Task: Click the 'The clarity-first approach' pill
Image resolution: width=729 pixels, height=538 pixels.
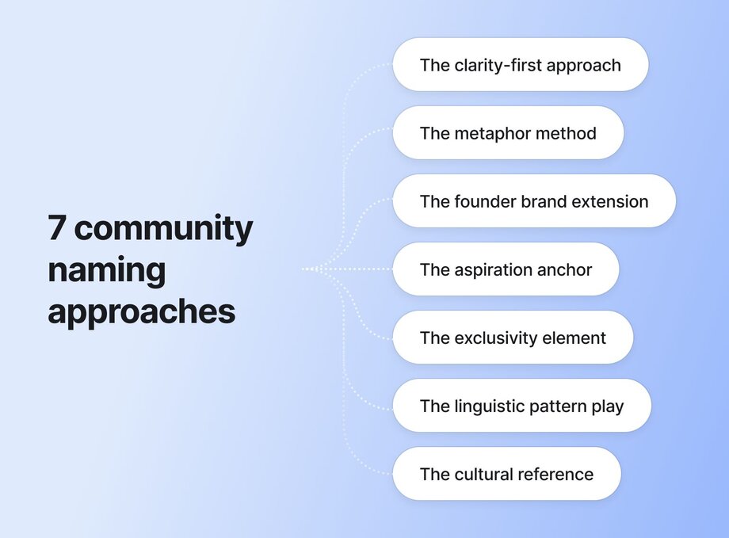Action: tap(521, 65)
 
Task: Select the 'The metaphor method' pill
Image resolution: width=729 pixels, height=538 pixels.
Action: tap(508, 133)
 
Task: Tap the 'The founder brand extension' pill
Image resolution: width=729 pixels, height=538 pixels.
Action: tap(534, 201)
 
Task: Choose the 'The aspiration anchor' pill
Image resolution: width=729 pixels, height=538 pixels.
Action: tap(506, 269)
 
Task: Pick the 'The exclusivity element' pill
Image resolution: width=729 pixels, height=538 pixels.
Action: tap(513, 338)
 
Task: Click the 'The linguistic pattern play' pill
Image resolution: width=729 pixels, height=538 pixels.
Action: tap(521, 406)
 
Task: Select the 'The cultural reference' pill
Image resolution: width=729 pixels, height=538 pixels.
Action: tap(507, 474)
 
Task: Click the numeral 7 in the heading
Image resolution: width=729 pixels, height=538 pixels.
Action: tap(56, 228)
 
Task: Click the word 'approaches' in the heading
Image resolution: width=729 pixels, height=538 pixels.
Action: tap(141, 312)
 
